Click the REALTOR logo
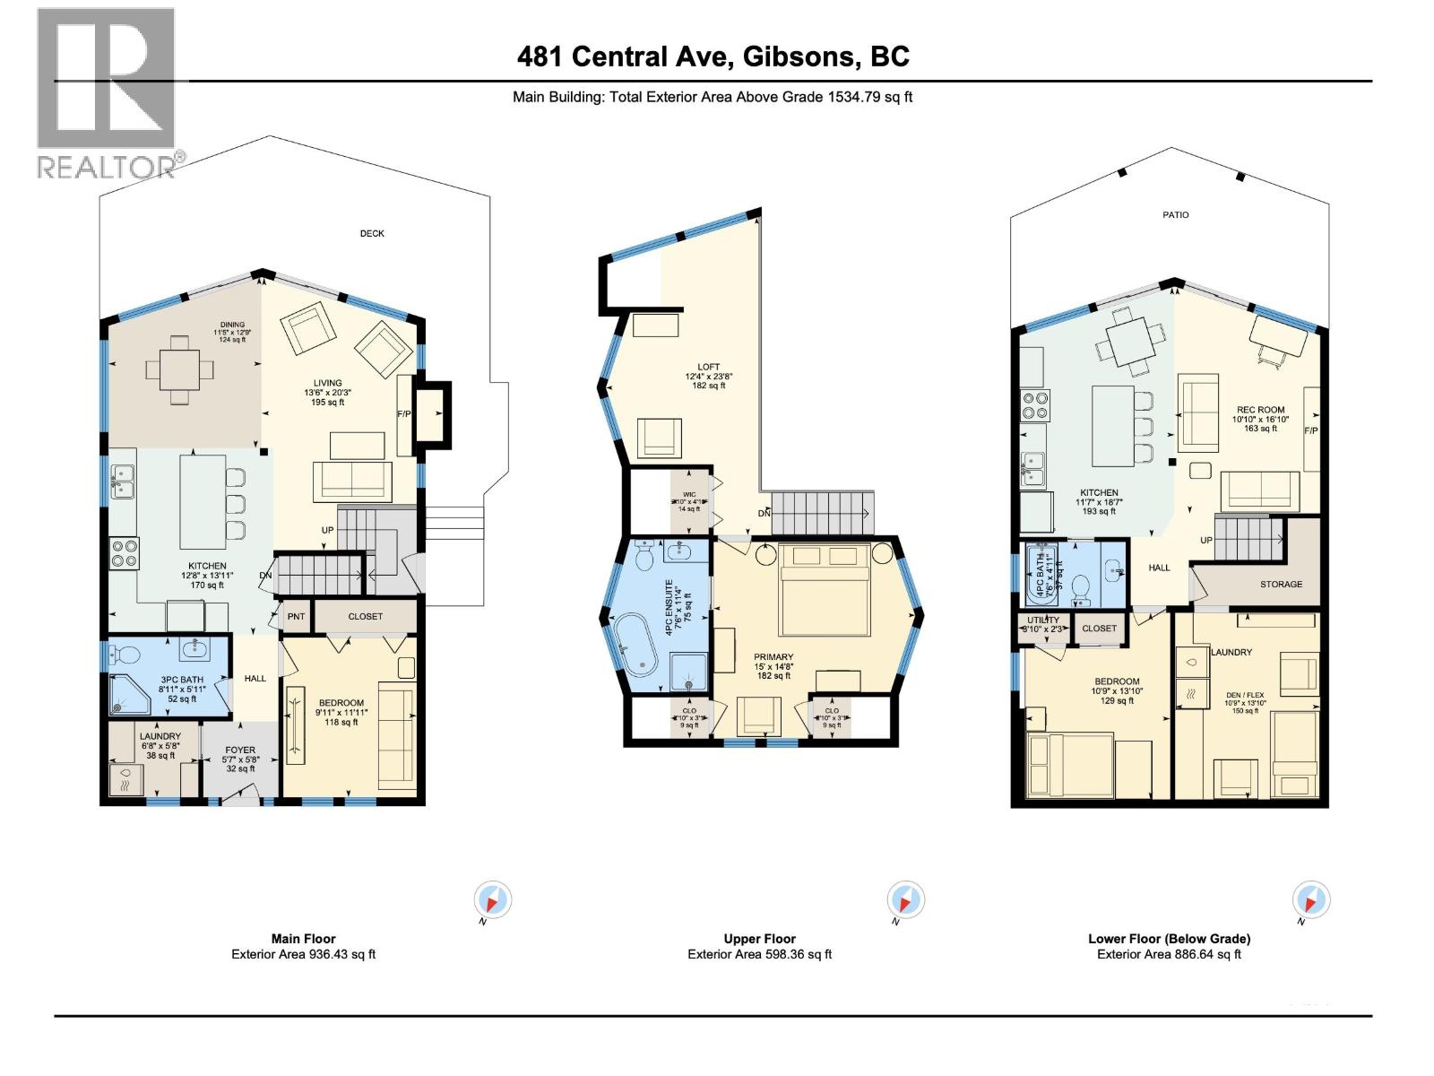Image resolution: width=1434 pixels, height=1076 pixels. tap(106, 90)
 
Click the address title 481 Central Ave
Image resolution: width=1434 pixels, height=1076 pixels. tap(713, 56)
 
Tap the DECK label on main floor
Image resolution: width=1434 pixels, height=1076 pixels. tap(372, 233)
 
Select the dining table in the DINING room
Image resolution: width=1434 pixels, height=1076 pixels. tap(181, 369)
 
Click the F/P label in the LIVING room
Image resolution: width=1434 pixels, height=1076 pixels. tap(404, 414)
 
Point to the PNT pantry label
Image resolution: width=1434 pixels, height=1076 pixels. tap(296, 617)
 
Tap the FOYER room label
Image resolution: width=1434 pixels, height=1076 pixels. tap(240, 750)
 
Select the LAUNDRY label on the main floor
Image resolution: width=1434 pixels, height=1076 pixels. tap(160, 736)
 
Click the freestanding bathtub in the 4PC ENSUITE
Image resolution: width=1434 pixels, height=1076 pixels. tap(636, 646)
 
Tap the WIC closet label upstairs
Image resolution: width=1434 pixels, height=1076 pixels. tap(689, 494)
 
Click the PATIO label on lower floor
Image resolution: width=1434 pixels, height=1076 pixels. tap(1176, 215)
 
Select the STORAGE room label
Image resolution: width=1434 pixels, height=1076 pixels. tap(1281, 584)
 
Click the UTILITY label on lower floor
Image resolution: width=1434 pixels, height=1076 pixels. tap(1043, 620)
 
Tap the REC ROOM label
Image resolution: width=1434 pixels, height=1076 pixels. tap(1259, 410)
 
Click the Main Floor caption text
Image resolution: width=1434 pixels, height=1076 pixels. tap(303, 939)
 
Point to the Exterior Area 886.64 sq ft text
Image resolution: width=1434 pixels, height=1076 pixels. tap(1169, 954)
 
